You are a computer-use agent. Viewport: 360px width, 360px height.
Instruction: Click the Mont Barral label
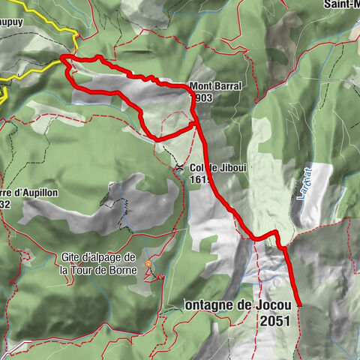pyautogui.click(x=214, y=86)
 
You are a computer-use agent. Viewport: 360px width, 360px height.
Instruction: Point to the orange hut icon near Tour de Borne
pyautogui.click(x=148, y=265)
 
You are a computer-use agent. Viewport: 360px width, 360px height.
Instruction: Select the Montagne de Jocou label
pyautogui.click(x=235, y=305)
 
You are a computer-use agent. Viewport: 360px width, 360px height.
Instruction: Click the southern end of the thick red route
pyautogui.click(x=299, y=304)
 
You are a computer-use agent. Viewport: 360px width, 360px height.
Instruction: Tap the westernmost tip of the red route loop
pyautogui.click(x=61, y=58)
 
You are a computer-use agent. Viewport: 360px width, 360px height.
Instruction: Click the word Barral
pyautogui.click(x=226, y=86)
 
